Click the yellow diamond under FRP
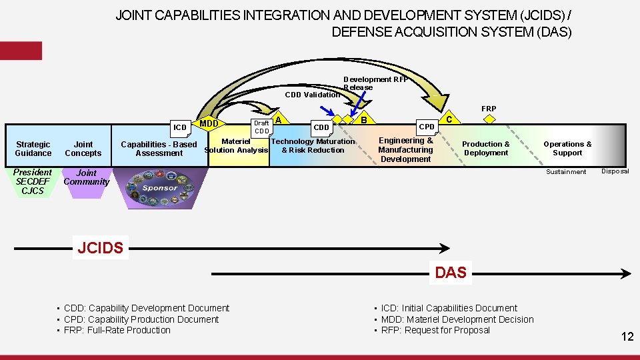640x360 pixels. coord(489,119)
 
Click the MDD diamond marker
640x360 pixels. coord(209,123)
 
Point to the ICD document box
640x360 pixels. coord(180,127)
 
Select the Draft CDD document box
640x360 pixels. coord(261,127)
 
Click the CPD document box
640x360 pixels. coord(427,126)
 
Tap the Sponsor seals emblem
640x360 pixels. coord(160,187)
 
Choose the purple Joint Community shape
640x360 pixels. coord(86,181)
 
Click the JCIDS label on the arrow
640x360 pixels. coord(100,249)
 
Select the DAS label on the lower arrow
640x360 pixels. coord(451,272)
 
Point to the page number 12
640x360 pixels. coord(627,337)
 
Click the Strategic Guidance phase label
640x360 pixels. coord(33,149)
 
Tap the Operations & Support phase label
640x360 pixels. coord(567,149)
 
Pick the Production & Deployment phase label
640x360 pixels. coord(486,149)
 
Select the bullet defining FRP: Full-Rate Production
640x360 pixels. coord(117,330)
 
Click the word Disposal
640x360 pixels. coord(615,171)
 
